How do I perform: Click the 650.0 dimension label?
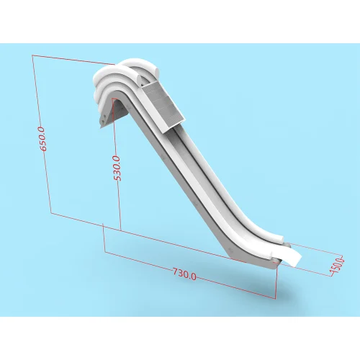[x=42, y=138]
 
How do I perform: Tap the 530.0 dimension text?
[x=117, y=168]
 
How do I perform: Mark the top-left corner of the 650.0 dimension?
[x=32, y=55]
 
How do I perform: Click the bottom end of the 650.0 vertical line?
[x=50, y=212]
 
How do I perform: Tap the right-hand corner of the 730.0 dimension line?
[x=275, y=297]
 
